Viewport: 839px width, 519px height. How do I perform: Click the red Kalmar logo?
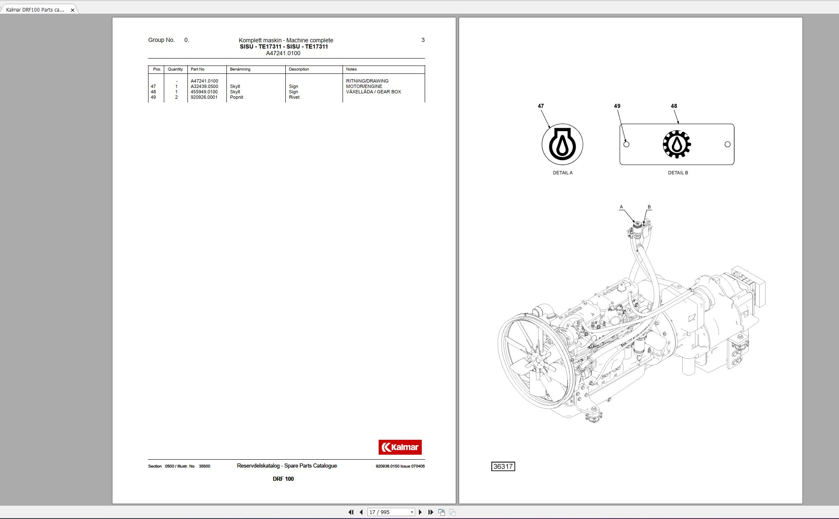pyautogui.click(x=400, y=447)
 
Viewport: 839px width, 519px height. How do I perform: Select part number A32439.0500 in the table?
pyautogui.click(x=204, y=86)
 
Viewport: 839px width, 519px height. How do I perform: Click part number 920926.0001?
pyautogui.click(x=204, y=97)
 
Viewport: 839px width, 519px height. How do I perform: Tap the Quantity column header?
pyautogui.click(x=175, y=69)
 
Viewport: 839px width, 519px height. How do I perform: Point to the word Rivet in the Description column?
pyautogui.click(x=294, y=97)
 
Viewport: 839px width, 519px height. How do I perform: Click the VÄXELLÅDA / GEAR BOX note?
pyautogui.click(x=373, y=92)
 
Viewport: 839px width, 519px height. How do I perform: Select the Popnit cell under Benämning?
pyautogui.click(x=236, y=97)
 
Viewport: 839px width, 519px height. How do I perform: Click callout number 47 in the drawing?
pyautogui.click(x=540, y=106)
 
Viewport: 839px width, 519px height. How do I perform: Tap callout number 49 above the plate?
pyautogui.click(x=617, y=106)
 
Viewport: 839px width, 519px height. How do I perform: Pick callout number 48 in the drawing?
pyautogui.click(x=674, y=106)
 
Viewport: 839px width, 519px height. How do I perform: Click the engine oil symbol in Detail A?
pyautogui.click(x=562, y=144)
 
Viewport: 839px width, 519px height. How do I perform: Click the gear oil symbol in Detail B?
pyautogui.click(x=676, y=144)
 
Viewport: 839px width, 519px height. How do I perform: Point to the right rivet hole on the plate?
pyautogui.click(x=727, y=144)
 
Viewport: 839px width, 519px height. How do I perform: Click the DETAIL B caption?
pyautogui.click(x=678, y=173)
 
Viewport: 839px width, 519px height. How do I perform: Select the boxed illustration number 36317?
pyautogui.click(x=503, y=466)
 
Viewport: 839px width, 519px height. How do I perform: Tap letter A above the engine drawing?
pyautogui.click(x=621, y=207)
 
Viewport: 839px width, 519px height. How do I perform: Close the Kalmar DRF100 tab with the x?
pyautogui.click(x=73, y=10)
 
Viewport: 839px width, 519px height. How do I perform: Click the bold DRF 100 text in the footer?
pyautogui.click(x=283, y=479)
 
